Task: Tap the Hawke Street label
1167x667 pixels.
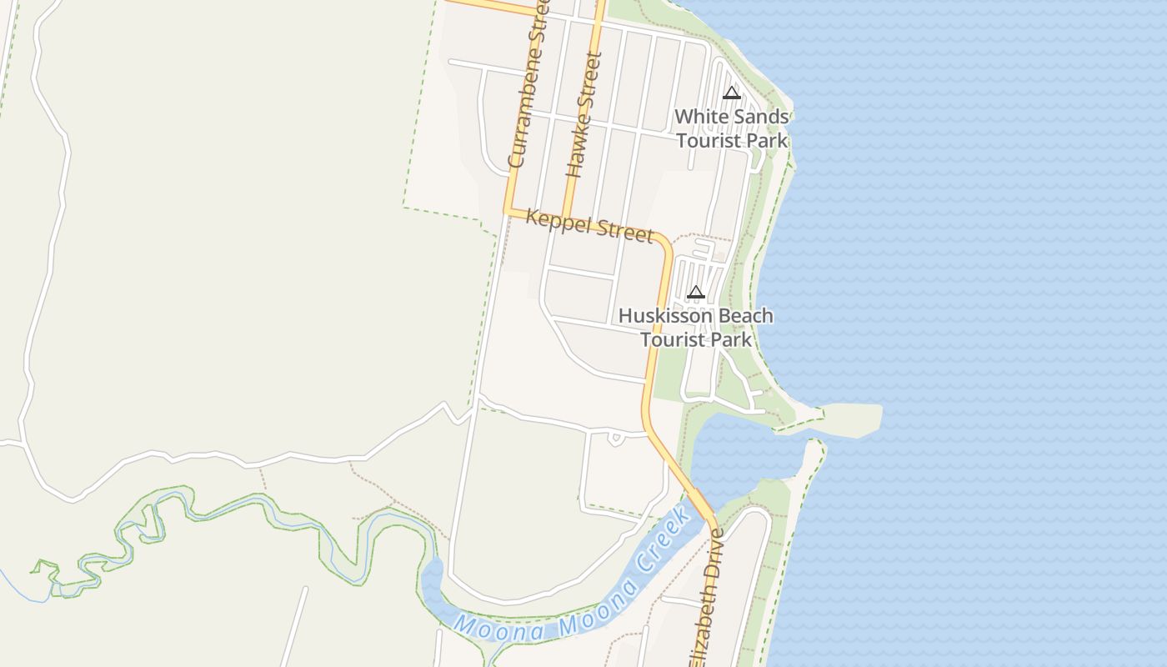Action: pos(583,115)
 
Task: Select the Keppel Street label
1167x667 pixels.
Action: pos(590,225)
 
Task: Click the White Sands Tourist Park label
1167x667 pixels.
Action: pos(732,128)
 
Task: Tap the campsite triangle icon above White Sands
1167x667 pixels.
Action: pos(732,93)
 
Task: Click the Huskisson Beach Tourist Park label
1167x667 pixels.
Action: pos(696,328)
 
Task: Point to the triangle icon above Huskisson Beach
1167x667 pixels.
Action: pos(696,292)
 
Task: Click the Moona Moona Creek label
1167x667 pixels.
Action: pos(575,584)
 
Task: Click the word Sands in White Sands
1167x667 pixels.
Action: pos(755,117)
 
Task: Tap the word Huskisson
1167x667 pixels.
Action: pos(665,317)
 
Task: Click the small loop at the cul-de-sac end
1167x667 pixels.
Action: pos(617,438)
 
